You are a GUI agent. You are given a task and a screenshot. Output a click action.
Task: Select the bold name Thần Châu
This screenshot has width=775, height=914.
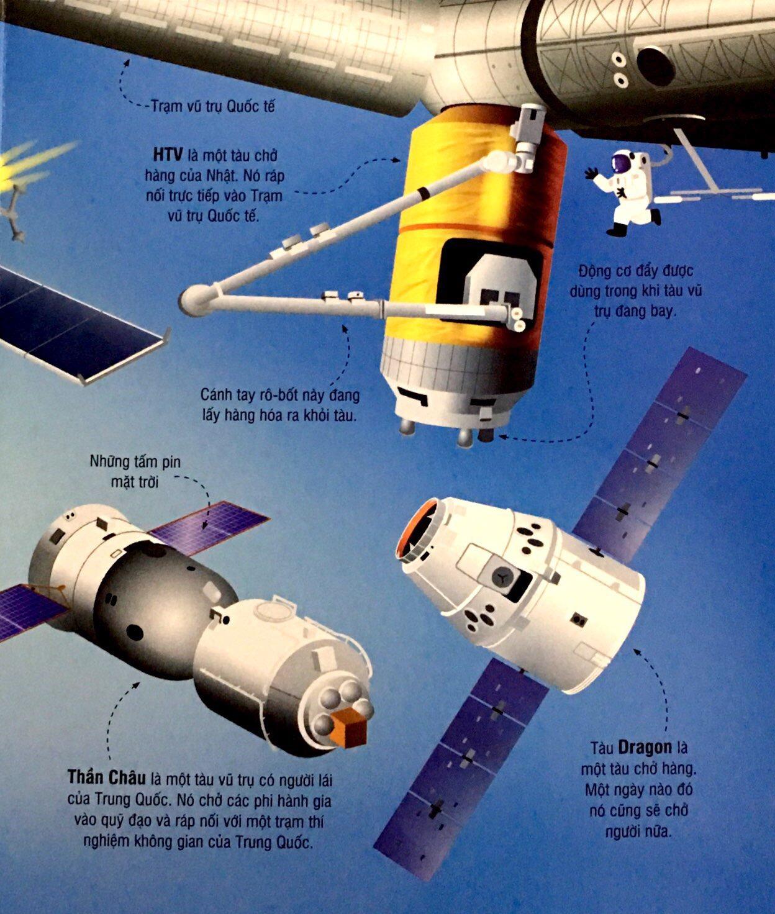[107, 777]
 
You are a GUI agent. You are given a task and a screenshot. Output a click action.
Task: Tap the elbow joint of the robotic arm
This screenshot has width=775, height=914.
[193, 301]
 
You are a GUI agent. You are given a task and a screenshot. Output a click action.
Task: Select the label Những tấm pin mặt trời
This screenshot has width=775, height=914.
[135, 472]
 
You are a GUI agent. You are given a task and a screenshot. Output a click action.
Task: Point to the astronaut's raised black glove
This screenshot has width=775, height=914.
[590, 173]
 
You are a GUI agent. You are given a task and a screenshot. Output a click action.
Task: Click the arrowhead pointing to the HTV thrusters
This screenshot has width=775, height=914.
[502, 437]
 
